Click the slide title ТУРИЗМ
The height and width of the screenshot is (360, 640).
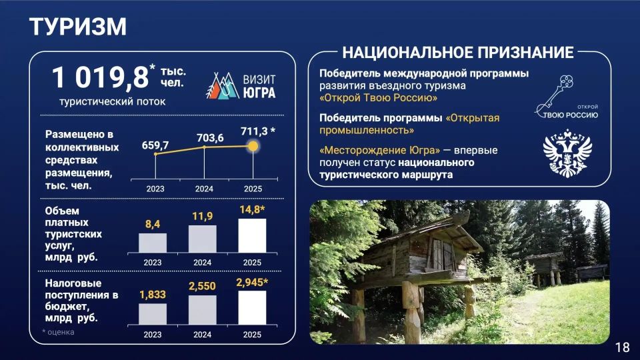[77, 27]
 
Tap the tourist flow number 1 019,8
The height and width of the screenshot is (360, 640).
[101, 77]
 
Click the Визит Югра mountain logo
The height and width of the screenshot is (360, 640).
[223, 86]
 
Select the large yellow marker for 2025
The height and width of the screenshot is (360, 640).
[253, 146]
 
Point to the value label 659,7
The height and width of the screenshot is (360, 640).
[155, 145]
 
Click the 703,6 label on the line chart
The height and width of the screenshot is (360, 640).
[210, 138]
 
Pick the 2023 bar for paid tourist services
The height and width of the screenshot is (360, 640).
[153, 243]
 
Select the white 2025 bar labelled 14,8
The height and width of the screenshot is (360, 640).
[252, 236]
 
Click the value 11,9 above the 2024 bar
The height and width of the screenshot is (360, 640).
[203, 216]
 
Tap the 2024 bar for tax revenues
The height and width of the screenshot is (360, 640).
[203, 310]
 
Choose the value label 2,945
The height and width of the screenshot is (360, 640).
[252, 283]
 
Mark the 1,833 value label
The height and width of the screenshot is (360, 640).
[153, 295]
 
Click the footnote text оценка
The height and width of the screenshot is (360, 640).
[61, 332]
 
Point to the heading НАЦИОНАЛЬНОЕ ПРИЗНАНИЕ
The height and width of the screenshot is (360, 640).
[458, 52]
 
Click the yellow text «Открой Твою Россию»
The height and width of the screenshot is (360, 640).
[379, 98]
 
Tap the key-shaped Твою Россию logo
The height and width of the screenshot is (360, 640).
[566, 97]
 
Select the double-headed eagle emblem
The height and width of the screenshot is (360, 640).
[567, 153]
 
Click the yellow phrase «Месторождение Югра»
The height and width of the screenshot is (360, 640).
[379, 150]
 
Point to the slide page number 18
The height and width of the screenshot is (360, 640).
[623, 347]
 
